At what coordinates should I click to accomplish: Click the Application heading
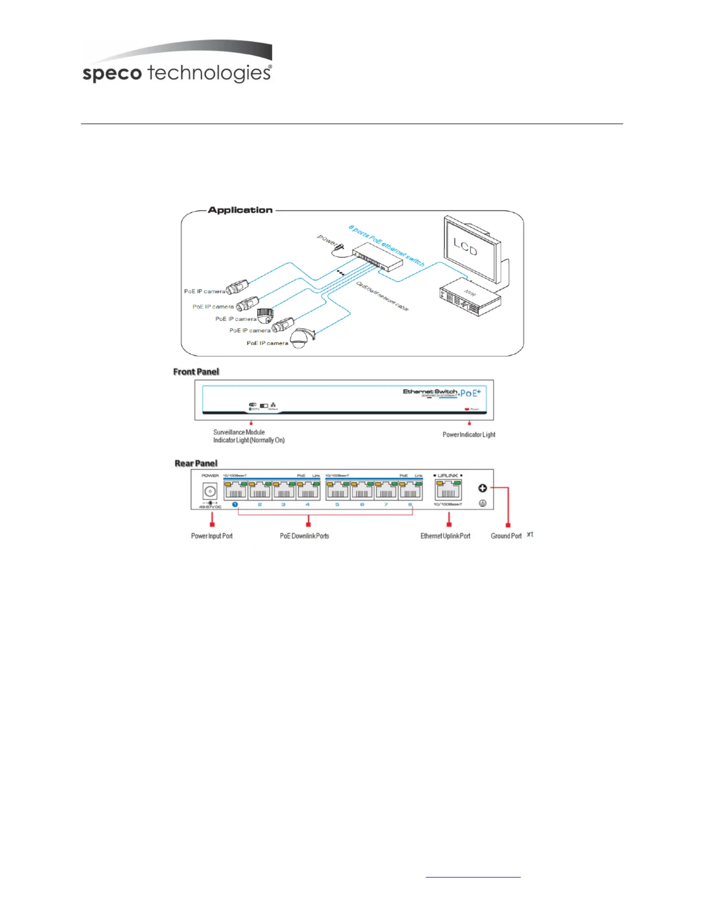(x=240, y=210)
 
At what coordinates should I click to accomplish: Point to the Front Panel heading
(x=196, y=372)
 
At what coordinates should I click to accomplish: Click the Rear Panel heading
(x=196, y=463)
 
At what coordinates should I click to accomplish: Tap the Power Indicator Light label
(x=469, y=434)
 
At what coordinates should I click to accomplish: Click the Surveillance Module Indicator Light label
(x=248, y=436)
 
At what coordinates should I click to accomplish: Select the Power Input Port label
(x=212, y=536)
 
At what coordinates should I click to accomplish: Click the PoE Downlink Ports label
(x=305, y=536)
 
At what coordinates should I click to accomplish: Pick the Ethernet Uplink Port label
(x=445, y=536)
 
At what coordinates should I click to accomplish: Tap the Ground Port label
(x=506, y=536)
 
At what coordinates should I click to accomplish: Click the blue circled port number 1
(x=235, y=504)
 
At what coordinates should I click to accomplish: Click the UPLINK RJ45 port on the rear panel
(x=449, y=490)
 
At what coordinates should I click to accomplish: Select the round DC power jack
(x=210, y=491)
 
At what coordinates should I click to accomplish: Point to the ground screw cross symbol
(x=482, y=488)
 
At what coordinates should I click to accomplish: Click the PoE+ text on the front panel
(x=470, y=393)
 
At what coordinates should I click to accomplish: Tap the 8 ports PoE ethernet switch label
(x=387, y=245)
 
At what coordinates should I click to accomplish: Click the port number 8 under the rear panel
(x=410, y=504)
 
